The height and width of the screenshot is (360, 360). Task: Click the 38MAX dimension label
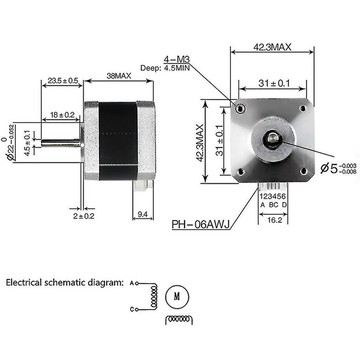(x=119, y=76)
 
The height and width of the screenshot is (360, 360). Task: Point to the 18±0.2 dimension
(x=62, y=115)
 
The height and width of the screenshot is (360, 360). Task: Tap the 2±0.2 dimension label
(x=83, y=216)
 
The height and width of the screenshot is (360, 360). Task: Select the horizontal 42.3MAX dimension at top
(x=272, y=47)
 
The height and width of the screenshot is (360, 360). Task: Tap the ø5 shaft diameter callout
(x=335, y=169)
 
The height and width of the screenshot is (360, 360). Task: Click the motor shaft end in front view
(x=273, y=138)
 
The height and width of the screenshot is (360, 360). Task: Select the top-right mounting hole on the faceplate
(x=303, y=108)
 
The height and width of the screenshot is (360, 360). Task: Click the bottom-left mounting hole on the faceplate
(x=240, y=171)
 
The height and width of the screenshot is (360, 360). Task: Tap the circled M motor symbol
(x=177, y=296)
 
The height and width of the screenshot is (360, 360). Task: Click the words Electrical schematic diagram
(x=64, y=283)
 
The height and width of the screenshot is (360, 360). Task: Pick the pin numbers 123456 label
(x=273, y=196)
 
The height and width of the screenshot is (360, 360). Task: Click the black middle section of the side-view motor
(x=118, y=140)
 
